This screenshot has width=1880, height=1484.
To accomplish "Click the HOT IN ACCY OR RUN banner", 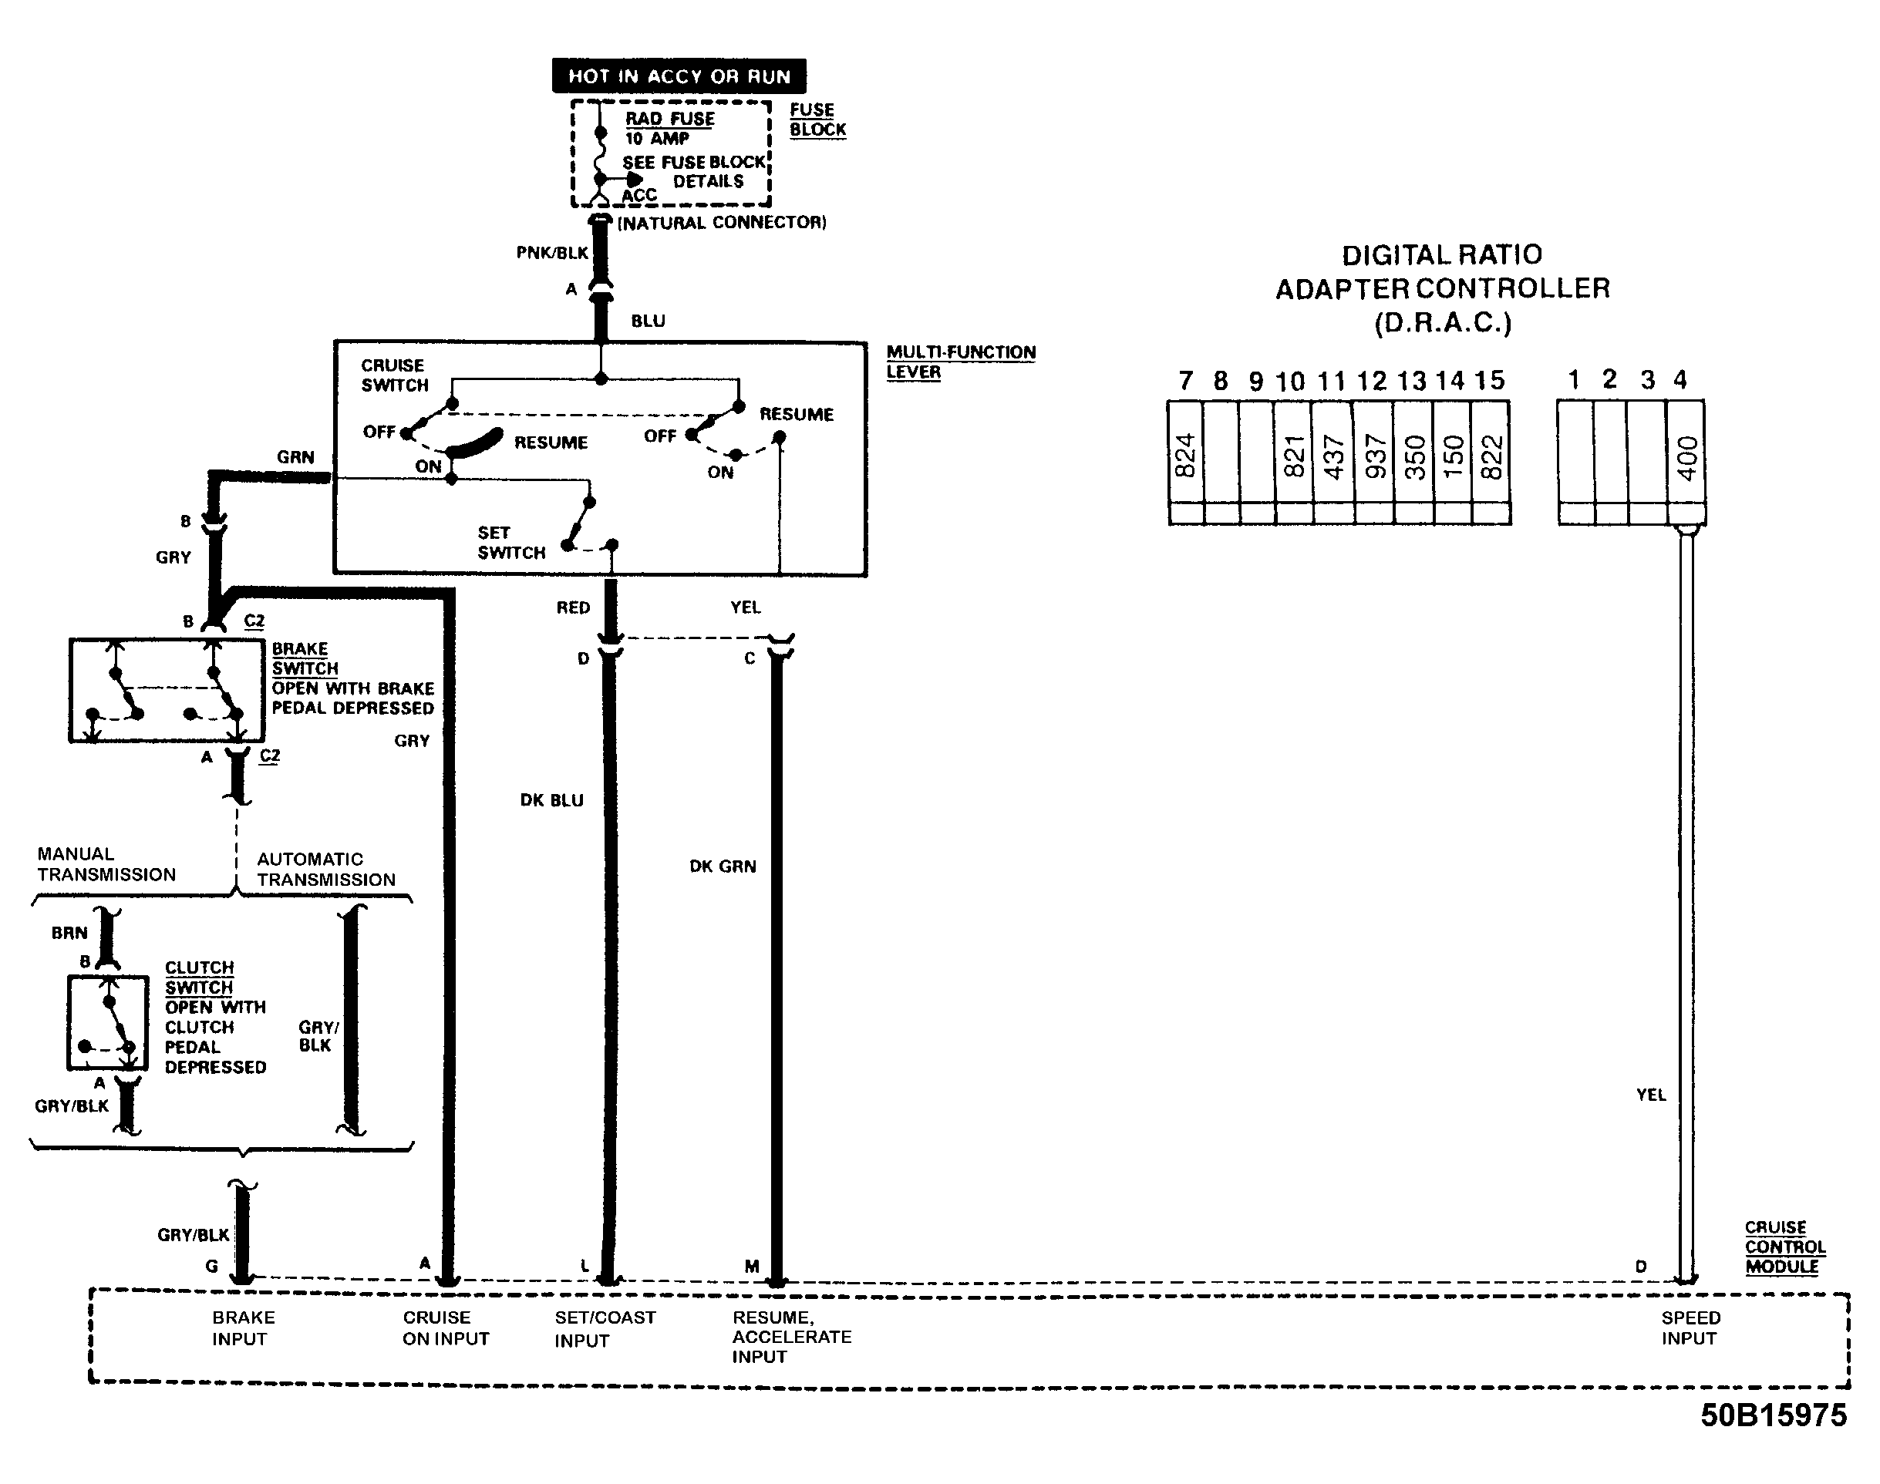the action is [679, 76].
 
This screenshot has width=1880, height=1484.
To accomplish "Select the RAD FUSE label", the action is [669, 118].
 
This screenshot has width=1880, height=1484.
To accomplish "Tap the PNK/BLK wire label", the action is [552, 253].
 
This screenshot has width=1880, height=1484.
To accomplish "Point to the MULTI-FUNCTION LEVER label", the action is [960, 362].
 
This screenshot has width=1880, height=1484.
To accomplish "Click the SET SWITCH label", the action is [511, 542].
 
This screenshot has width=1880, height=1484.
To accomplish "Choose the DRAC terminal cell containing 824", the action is [1184, 453].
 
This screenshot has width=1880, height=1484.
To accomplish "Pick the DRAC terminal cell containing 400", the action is [1686, 453].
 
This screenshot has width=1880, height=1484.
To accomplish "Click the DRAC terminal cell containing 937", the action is [1374, 453].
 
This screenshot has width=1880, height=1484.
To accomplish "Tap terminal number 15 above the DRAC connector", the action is [1489, 381].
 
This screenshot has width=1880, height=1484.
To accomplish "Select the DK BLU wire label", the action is [552, 800].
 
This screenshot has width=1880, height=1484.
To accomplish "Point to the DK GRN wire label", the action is [723, 867].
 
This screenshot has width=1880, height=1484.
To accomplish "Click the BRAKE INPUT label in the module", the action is [242, 1328].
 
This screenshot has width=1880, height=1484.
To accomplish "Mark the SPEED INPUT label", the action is [1690, 1328].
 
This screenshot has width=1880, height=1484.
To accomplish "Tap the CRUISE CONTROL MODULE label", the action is [1784, 1247].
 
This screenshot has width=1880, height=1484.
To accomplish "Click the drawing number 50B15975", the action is [1773, 1415].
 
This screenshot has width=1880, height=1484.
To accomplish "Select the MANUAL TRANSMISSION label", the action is [106, 863].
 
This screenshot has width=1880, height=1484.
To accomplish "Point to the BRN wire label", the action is [69, 933].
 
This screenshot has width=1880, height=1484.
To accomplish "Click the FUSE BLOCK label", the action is [817, 120].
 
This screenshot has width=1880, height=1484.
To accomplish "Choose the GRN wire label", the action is [295, 457].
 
